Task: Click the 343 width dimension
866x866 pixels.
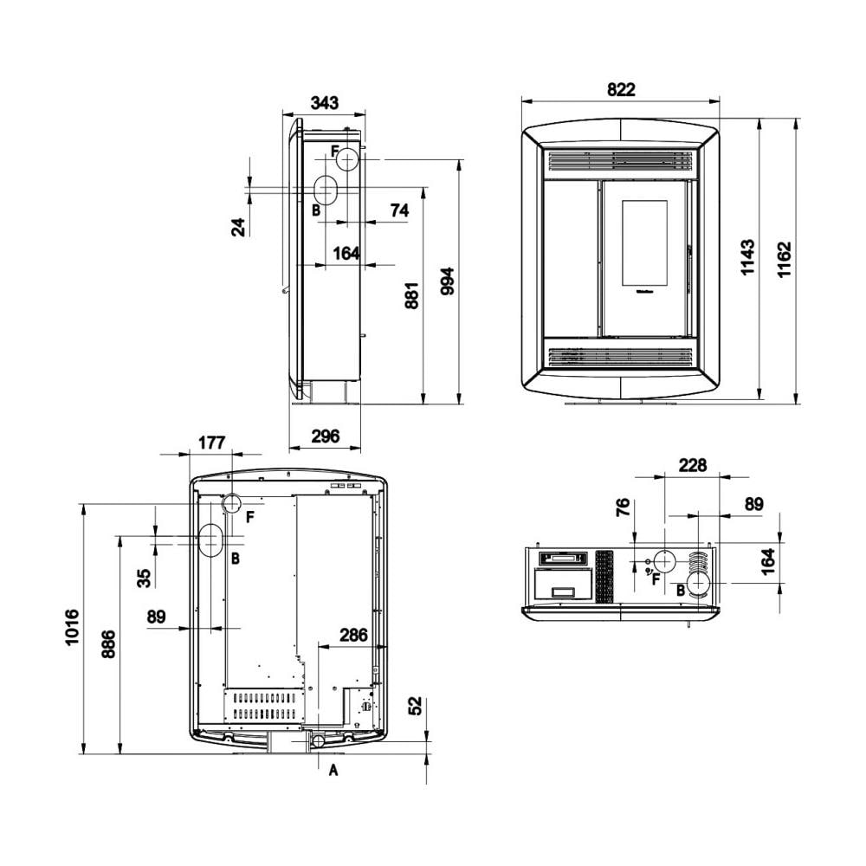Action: coord(324,103)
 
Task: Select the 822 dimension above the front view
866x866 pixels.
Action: coord(621,89)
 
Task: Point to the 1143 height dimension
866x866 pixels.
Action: coord(748,257)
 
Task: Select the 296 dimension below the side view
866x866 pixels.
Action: coord(324,436)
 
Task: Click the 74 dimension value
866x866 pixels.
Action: coord(399,210)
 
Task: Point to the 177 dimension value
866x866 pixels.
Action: coord(211,443)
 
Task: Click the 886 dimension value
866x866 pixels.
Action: coord(108,644)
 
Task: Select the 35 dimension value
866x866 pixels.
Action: coord(144,576)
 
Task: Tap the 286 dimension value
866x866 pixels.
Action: coord(352,636)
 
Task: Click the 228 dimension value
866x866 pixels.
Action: coord(693,466)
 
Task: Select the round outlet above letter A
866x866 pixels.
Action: coord(318,741)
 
